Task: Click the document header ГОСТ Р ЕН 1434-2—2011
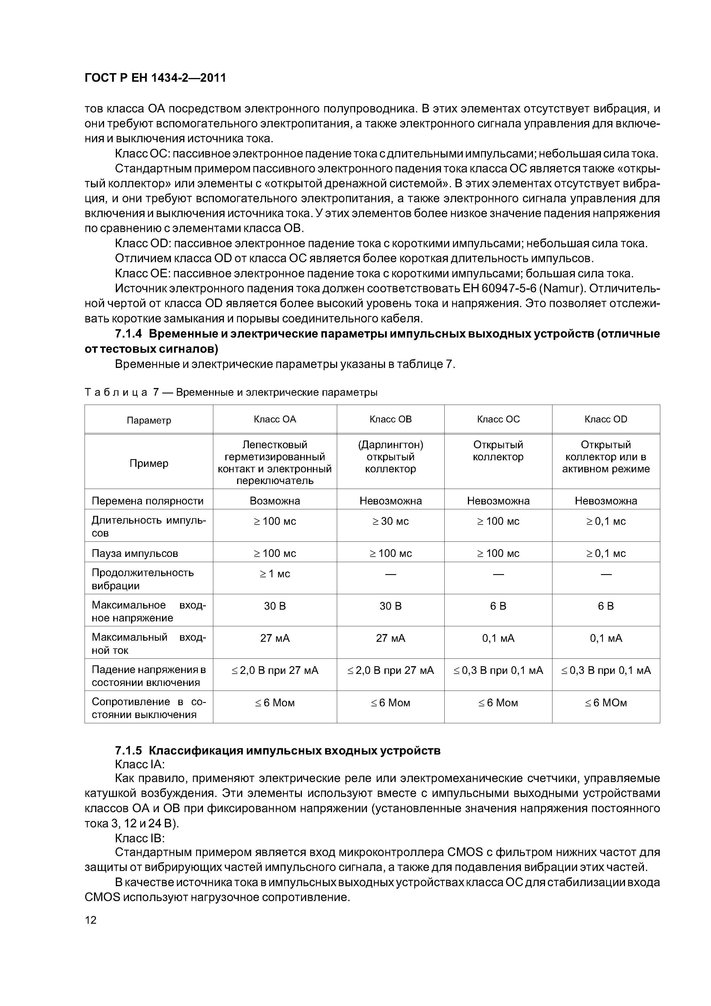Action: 155,78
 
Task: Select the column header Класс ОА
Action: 275,419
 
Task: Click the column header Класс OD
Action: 605,419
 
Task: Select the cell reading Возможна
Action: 275,501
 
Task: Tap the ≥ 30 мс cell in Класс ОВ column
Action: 390,521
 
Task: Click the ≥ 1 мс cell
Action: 275,574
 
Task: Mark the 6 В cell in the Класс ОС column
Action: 498,606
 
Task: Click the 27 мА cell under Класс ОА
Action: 275,638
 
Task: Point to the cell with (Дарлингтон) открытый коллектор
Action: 390,457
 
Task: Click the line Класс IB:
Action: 139,838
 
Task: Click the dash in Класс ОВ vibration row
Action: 390,574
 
